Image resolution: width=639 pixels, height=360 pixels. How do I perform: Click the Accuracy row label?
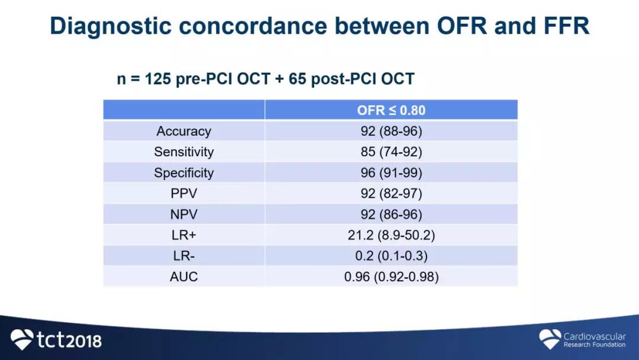pos(184,131)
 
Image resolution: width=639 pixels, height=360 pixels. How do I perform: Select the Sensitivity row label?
pos(184,152)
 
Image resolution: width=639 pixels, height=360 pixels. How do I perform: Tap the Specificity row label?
pos(184,173)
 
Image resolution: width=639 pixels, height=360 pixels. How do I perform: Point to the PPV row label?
pos(184,193)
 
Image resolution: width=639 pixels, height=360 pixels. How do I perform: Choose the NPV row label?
pos(184,214)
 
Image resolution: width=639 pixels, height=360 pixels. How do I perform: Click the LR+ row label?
pos(184,235)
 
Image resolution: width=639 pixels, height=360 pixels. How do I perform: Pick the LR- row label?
pos(184,256)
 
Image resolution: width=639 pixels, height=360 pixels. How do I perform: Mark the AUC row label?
pos(184,277)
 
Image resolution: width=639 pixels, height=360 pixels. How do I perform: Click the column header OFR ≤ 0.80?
pos(391,110)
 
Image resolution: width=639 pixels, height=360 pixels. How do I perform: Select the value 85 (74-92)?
pos(391,152)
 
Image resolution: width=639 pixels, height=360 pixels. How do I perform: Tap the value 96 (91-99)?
pos(391,173)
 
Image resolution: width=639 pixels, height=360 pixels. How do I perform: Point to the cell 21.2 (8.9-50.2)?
pos(391,235)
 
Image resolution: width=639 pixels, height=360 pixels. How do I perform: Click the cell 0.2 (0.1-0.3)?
pos(391,256)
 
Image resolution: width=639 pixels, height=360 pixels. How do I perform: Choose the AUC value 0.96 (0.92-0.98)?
pos(391,277)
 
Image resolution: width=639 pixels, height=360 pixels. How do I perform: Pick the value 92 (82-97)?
pos(391,193)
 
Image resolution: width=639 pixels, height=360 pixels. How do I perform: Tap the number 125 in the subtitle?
pos(158,79)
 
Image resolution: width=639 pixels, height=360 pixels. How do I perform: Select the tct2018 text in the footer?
pos(69,340)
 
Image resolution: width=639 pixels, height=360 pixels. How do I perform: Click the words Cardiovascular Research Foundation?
pos(595,340)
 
